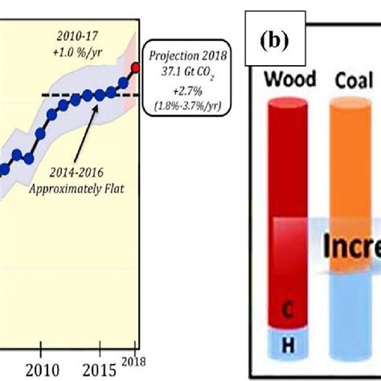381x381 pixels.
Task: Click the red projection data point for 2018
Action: pyautogui.click(x=135, y=68)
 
